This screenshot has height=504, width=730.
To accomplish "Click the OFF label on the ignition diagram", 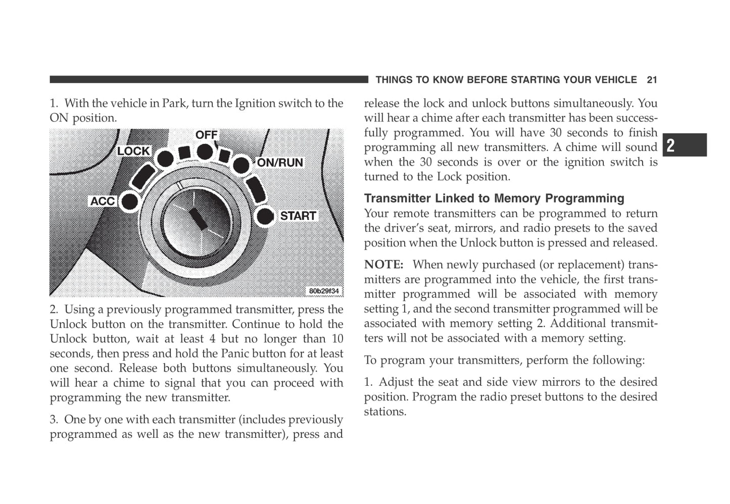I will coord(206,135).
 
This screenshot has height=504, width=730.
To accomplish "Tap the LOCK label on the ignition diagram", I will coord(133,151).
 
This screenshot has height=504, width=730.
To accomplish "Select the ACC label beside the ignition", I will coord(103,201).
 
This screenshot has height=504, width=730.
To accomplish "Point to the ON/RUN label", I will coord(280,163).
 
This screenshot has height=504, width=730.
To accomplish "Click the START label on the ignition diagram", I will coord(298,216).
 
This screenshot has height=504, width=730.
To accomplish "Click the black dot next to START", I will coord(265,216).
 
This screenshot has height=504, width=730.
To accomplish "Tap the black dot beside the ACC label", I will coord(130,201).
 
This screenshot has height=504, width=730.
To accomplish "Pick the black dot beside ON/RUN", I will coord(241,164).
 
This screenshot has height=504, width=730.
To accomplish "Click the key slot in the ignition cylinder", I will coord(198,218).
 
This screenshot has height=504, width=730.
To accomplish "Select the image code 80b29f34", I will coord(324,291).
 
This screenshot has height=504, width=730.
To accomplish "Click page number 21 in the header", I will coord(652,80).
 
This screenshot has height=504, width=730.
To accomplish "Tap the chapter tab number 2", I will coord(670,145).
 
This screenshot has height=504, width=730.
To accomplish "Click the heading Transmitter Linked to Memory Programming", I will coord(494,198).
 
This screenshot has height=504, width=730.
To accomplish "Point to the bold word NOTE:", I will coord(383,265).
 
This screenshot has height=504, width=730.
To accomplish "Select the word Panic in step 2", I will coord(235,354).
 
